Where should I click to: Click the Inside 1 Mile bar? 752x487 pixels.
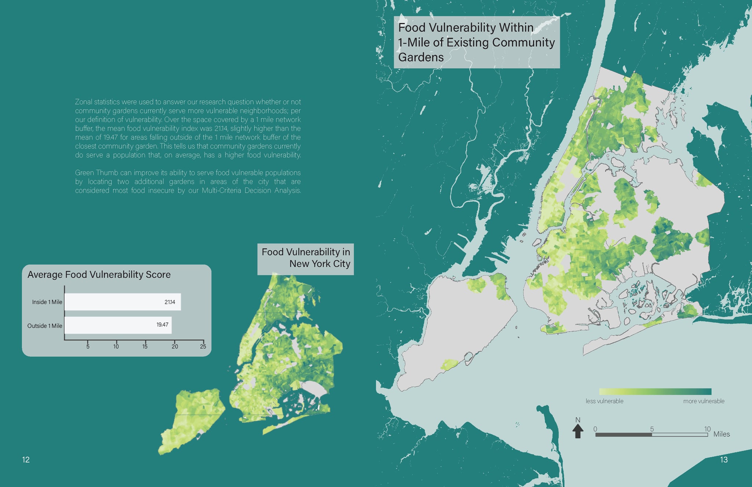(x=122, y=302)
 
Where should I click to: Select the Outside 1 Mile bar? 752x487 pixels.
(x=118, y=325)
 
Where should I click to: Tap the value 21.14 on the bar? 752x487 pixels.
(x=170, y=302)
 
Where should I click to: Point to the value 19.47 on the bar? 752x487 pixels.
(x=162, y=325)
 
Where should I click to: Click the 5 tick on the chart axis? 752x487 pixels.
(x=88, y=346)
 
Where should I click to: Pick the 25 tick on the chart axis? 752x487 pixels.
(x=203, y=346)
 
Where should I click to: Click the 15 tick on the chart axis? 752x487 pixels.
(x=145, y=346)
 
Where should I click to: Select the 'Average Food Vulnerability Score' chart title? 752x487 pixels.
(x=99, y=275)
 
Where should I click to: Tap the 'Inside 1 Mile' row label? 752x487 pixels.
(x=47, y=302)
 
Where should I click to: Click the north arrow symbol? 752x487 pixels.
(x=578, y=431)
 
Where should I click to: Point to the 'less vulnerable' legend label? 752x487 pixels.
(x=604, y=401)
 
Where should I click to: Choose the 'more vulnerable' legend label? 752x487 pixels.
(x=704, y=401)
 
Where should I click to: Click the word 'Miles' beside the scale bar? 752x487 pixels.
(x=722, y=434)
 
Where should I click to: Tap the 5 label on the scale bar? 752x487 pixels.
(x=652, y=429)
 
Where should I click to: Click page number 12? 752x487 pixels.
(x=26, y=459)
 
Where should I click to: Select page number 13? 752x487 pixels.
(x=724, y=459)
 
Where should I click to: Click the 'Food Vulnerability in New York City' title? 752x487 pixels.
(x=305, y=258)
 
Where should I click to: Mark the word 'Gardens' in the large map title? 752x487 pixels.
(x=421, y=57)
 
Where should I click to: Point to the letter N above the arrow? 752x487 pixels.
(x=578, y=420)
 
